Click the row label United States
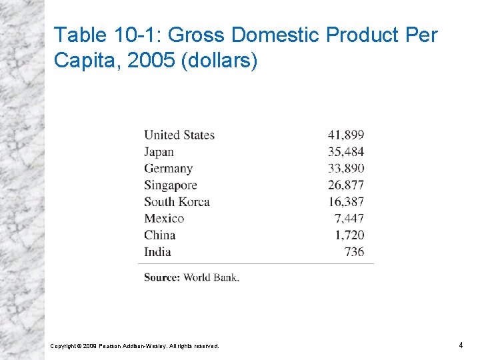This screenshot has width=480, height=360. pos(179,135)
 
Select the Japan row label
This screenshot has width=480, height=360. pos(159,151)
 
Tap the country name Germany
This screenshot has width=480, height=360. pos(168,168)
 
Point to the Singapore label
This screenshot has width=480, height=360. pos(171,185)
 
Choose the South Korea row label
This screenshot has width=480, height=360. pos(177,202)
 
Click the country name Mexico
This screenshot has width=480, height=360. pos(164,219)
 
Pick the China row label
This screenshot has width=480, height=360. pos(160,235)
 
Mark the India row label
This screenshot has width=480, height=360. pos(157,252)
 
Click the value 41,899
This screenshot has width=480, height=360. pos(346,135)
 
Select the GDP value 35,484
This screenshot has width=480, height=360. pos(346,151)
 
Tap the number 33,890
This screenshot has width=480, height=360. pos(346,168)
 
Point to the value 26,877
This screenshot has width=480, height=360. pos(346,185)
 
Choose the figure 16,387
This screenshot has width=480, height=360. pos(346,202)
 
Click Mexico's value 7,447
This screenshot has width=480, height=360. pos(350,219)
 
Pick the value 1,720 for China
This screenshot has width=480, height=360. pos(350,235)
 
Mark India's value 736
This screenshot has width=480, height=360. pos(355,252)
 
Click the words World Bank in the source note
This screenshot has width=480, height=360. pos(211,277)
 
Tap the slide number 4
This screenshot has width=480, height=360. pos(461,345)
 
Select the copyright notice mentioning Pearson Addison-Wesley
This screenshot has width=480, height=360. pos(135,346)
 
